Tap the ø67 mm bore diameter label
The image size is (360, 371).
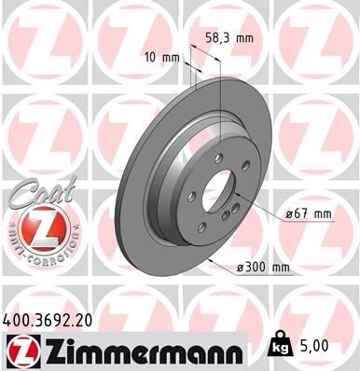tap(309, 213)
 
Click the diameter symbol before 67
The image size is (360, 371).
tap(290, 213)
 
